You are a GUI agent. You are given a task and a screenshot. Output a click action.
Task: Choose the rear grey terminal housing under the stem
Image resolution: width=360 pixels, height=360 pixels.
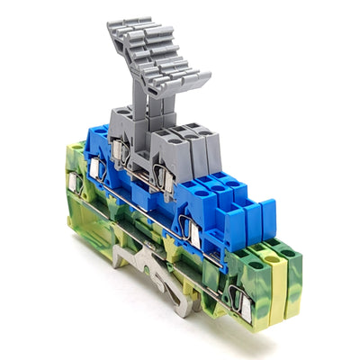point(126,122)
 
